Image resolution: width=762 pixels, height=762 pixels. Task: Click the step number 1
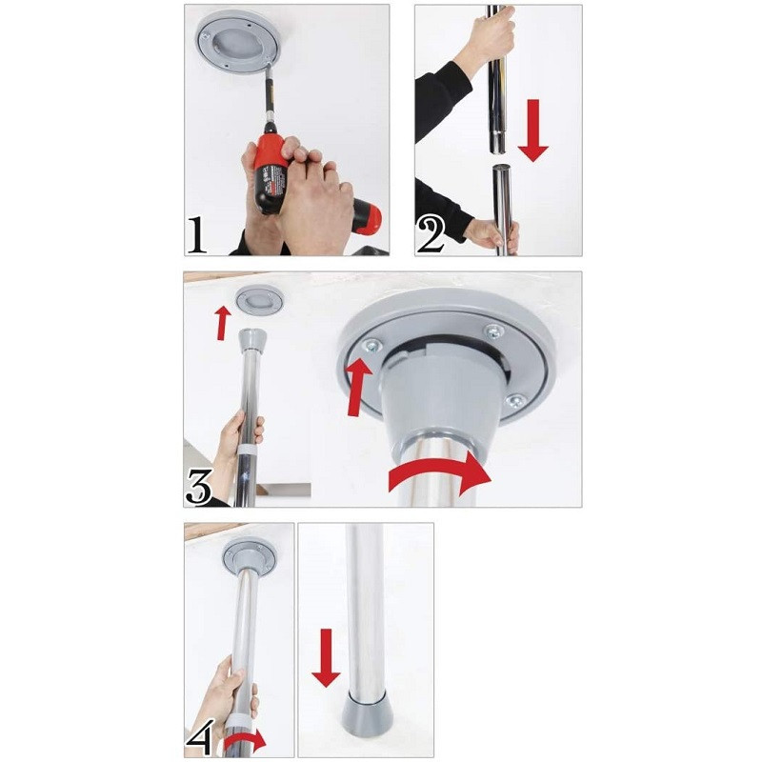click(197, 235)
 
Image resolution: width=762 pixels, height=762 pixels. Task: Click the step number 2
click(431, 235)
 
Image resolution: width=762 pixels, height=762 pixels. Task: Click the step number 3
click(199, 488)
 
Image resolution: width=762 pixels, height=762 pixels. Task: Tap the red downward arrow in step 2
click(533, 130)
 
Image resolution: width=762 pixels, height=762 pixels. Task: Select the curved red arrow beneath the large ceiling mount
click(440, 472)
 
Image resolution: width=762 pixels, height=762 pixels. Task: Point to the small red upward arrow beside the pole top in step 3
click(223, 323)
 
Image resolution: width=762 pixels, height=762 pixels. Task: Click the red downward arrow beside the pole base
click(326, 658)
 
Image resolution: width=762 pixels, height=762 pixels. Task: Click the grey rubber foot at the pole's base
click(367, 713)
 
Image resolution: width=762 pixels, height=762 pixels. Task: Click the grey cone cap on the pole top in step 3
click(251, 340)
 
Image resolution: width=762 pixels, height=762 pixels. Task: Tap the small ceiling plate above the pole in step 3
click(259, 299)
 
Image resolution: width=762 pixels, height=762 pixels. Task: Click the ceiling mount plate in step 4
click(250, 555)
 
